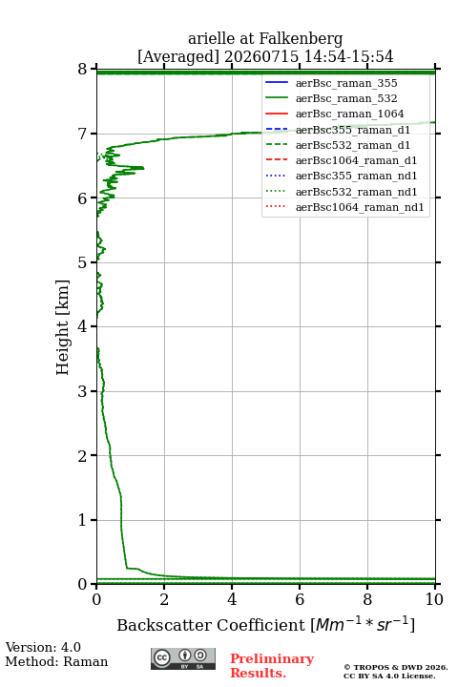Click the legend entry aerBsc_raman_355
[x=346, y=83]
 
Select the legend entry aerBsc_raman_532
[x=346, y=98]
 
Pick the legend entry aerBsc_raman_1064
[x=350, y=114]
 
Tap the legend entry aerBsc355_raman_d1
[x=353, y=130]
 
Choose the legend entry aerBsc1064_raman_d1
[x=356, y=160]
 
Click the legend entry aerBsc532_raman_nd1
[x=356, y=192]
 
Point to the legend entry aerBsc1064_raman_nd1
[x=360, y=207]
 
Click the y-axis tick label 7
[x=83, y=134]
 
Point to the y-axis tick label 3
[x=83, y=391]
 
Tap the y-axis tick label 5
[x=83, y=262]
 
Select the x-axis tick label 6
[x=300, y=599]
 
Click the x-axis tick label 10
[x=434, y=599]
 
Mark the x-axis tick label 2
[x=164, y=599]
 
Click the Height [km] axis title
[x=63, y=327]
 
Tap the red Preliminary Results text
[x=272, y=666]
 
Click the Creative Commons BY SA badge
[x=183, y=659]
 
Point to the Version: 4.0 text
[x=43, y=647]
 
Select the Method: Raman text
[x=56, y=661]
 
